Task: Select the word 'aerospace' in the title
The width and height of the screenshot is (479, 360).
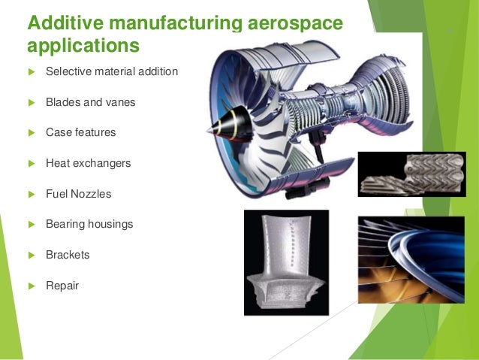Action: [x=300, y=23]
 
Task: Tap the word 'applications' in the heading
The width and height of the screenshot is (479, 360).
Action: [x=83, y=47]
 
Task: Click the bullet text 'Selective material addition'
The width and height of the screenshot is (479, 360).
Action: [x=112, y=72]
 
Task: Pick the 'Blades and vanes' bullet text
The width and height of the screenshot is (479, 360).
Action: [x=90, y=102]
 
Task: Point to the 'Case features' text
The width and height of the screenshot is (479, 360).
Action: [x=80, y=132]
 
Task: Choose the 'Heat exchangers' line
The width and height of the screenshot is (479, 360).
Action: [x=88, y=163]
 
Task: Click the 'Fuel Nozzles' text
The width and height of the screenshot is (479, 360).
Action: [x=78, y=194]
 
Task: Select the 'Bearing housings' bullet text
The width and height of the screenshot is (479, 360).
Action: [x=89, y=224]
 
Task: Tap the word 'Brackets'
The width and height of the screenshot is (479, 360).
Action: [x=68, y=255]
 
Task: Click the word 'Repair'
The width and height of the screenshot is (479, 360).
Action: [x=62, y=286]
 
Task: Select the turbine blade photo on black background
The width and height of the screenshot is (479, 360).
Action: [x=286, y=262]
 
